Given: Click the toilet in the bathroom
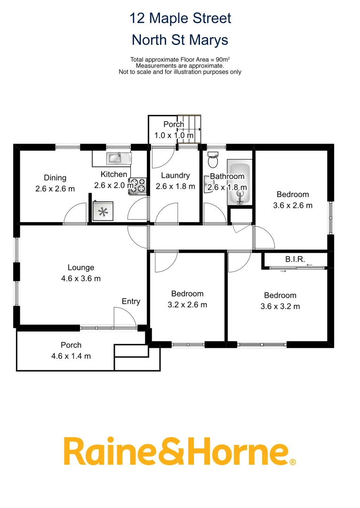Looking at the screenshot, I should coord(213,160).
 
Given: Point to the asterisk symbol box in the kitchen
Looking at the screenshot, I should coord(103,211).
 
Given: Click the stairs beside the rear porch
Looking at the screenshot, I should coord(190,129).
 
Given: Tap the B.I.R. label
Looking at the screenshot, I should coord(295,259).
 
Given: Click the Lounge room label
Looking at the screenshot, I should coord(80,268).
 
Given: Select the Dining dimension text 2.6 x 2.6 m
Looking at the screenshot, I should coord(55,189).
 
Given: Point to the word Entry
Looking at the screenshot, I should coord(131,302).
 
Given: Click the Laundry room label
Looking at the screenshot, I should coord(175,175).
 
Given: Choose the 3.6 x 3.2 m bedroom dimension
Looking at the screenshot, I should coord(280,306).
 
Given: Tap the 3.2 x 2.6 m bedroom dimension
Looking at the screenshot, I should coord(187,304).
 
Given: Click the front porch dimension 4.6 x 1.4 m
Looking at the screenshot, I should coord(71,356).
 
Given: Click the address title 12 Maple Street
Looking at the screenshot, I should coord(180,19).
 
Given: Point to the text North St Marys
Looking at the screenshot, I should coord(180,40).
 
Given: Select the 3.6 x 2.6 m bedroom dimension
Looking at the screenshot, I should coord(293,205).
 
